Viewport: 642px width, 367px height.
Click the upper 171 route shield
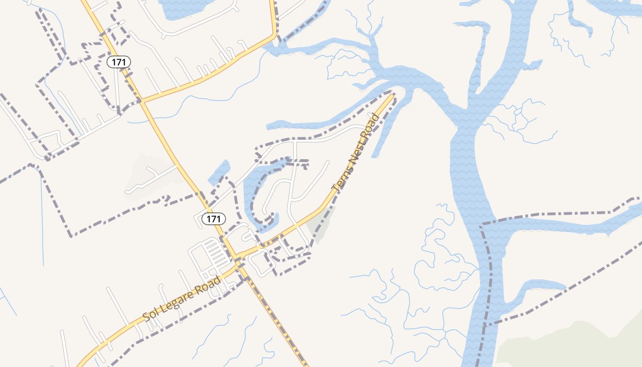(119, 62)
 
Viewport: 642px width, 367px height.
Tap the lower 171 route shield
(214, 219)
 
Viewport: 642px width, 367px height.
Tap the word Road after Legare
(210, 284)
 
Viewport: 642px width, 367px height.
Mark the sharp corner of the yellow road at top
(275, 34)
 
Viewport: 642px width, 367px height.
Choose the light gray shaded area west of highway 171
(147, 177)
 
